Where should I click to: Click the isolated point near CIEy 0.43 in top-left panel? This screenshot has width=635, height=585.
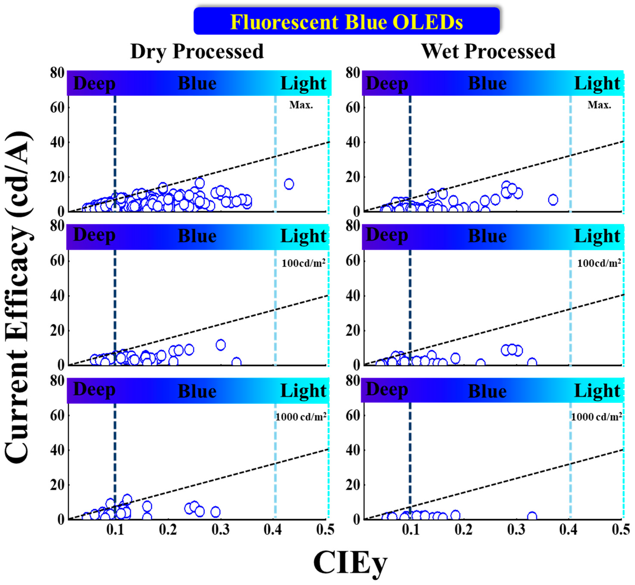click(x=289, y=184)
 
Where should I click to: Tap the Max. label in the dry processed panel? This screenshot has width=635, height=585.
click(x=301, y=105)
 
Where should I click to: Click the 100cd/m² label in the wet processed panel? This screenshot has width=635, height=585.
click(x=599, y=263)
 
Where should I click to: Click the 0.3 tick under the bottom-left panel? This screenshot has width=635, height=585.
click(x=221, y=530)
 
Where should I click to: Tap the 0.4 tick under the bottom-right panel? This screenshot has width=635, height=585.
click(x=568, y=530)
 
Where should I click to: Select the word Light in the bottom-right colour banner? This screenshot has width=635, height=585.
click(x=597, y=391)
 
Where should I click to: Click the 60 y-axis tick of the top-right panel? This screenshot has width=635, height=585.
click(x=353, y=108)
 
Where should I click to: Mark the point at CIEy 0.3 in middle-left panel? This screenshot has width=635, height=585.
click(x=221, y=345)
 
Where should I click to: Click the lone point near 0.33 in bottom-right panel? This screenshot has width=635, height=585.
click(x=532, y=517)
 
